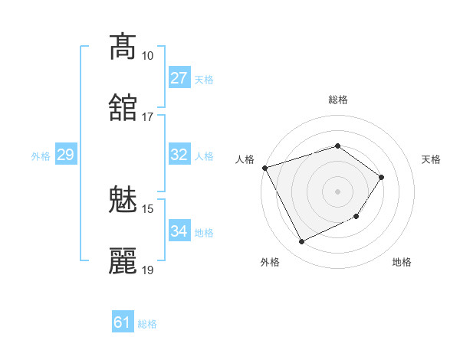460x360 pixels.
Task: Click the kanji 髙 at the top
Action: tap(123, 47)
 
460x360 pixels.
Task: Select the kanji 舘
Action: tap(123, 108)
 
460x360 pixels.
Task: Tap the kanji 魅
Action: tap(123, 201)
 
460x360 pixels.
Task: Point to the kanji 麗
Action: tap(123, 261)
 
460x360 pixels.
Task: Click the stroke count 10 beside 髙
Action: tap(148, 56)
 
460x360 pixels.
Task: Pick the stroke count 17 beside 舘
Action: tap(148, 116)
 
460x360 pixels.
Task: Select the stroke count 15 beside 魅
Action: tap(148, 209)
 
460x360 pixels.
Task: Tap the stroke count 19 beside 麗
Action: tap(148, 270)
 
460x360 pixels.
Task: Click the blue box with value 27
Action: tap(179, 78)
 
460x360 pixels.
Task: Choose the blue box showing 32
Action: tap(179, 155)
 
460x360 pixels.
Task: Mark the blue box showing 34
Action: tap(179, 231)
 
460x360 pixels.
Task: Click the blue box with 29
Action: tap(65, 155)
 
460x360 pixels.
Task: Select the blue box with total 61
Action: tap(123, 322)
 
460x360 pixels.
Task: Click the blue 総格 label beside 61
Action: tap(147, 324)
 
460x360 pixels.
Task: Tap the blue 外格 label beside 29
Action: tap(41, 156)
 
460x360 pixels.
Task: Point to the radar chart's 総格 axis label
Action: tap(338, 100)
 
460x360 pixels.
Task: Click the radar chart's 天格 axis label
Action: tap(432, 159)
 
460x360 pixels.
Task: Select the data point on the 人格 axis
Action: tap(264, 168)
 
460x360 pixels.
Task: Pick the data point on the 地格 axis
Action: tap(356, 217)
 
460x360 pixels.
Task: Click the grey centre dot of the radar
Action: tap(337, 191)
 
